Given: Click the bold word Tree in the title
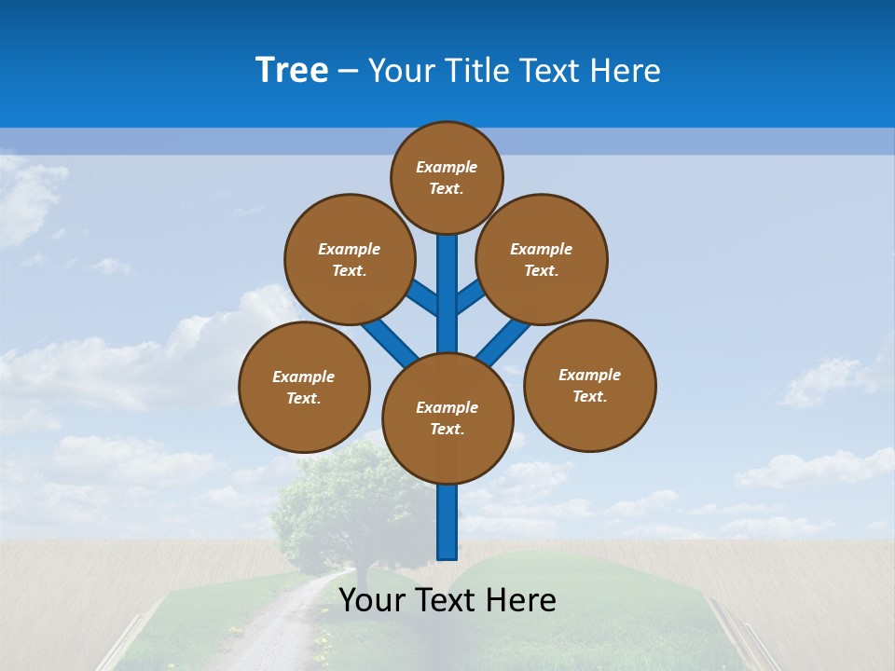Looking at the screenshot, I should pyautogui.click(x=292, y=71).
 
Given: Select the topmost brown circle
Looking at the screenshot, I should pyautogui.click(x=447, y=177).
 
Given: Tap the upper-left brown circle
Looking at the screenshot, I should pyautogui.click(x=350, y=259).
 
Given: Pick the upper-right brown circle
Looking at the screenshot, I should pyautogui.click(x=542, y=259).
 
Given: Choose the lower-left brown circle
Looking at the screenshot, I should pyautogui.click(x=304, y=387).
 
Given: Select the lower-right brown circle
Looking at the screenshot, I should pyautogui.click(x=589, y=385).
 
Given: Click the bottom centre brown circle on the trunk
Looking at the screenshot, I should pyautogui.click(x=447, y=418).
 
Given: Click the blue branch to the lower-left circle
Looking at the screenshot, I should pyautogui.click(x=386, y=340).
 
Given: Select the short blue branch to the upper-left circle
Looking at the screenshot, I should pyautogui.click(x=422, y=297).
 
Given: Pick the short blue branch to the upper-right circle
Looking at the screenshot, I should pyautogui.click(x=470, y=296).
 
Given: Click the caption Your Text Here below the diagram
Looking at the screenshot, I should pyautogui.click(x=447, y=600).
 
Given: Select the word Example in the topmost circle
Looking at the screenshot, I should pyautogui.click(x=447, y=167).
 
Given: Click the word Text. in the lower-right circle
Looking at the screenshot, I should pyautogui.click(x=589, y=396).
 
